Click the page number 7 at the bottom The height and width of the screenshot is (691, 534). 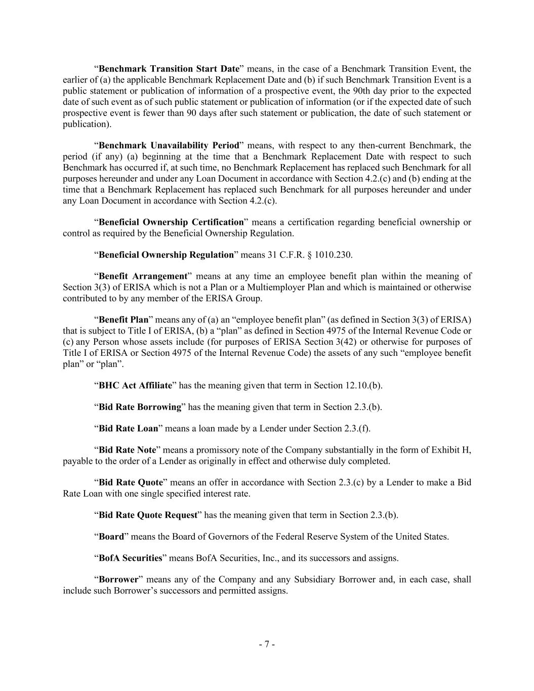pyautogui.click(x=267, y=644)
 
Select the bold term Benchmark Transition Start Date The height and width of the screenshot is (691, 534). pyautogui.click(x=169, y=69)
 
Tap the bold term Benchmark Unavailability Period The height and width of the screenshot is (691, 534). pyautogui.click(x=169, y=146)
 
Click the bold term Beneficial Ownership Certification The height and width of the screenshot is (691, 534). pyautogui.click(x=171, y=222)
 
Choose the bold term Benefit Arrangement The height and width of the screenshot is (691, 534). pyautogui.click(x=143, y=276)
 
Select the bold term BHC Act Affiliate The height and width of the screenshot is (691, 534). pyautogui.click(x=135, y=385)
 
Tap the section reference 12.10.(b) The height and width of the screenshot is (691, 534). pyautogui.click(x=363, y=385)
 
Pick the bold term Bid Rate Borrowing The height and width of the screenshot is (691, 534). pyautogui.click(x=140, y=407)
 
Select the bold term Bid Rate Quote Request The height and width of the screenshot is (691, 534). pyautogui.click(x=148, y=515)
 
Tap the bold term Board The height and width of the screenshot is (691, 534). pyautogui.click(x=111, y=537)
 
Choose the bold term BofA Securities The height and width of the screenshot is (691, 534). pyautogui.click(x=130, y=558)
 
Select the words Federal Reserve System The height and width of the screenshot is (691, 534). pyautogui.click(x=314, y=537)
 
